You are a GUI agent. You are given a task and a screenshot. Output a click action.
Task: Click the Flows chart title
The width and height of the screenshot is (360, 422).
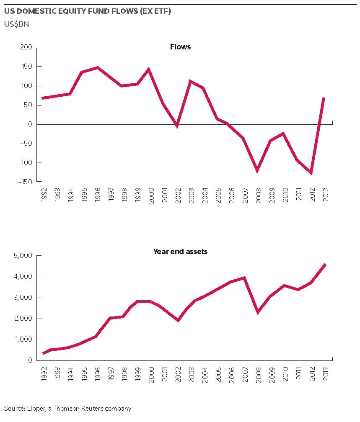180,47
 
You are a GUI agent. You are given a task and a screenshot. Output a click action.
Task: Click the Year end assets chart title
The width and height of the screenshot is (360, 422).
180,251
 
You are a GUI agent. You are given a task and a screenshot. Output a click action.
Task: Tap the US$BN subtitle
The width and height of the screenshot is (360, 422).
16,24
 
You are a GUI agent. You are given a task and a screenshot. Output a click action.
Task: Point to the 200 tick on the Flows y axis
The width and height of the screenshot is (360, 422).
26,47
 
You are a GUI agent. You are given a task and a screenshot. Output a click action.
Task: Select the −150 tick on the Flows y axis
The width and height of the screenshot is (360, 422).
25,182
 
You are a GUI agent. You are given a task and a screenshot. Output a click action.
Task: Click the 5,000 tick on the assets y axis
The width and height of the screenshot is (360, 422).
23,255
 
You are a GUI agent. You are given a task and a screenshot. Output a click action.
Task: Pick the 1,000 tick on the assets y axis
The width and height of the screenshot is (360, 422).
23,339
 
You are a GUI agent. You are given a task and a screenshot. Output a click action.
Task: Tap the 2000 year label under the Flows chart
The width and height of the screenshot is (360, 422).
151,196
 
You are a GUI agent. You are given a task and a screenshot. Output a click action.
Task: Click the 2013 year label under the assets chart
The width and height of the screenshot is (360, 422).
326,373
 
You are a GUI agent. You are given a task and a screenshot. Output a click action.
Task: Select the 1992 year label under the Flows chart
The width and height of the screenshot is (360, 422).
44,195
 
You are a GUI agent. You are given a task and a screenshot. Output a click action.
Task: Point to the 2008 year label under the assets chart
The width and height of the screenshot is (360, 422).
259,374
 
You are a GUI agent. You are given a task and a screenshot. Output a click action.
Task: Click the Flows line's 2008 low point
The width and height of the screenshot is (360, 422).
257,171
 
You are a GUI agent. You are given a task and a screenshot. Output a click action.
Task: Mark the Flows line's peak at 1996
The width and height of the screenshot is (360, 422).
97,67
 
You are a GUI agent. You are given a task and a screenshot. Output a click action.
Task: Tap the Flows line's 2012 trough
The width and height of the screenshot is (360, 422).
311,173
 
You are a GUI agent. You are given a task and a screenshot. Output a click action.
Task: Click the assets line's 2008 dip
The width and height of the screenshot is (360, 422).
258,312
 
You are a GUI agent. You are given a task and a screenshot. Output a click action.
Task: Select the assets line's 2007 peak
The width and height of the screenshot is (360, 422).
244,278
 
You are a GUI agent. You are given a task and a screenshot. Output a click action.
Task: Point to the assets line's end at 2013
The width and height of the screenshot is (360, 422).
325,265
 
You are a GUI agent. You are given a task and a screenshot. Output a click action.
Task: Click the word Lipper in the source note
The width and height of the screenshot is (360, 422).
36,409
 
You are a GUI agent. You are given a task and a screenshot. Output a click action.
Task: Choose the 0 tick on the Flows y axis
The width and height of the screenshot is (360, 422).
30,124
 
